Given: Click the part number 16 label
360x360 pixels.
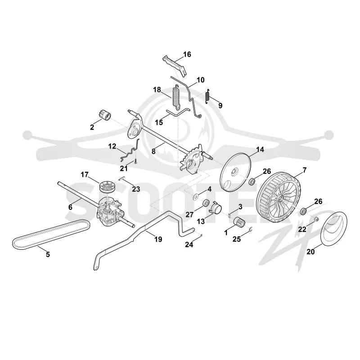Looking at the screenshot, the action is click(x=187, y=54).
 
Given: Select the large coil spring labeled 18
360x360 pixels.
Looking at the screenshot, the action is click(x=176, y=97).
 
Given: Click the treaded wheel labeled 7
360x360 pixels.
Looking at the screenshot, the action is click(x=279, y=199).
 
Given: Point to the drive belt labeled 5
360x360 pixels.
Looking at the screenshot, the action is click(x=51, y=234).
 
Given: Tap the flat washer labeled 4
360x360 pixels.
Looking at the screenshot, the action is click(x=196, y=197).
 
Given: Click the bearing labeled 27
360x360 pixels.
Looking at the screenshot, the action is click(x=206, y=203).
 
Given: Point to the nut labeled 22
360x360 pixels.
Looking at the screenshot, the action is click(x=316, y=219).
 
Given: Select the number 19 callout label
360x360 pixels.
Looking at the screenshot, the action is click(x=158, y=239).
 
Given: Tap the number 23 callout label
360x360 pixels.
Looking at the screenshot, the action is click(x=136, y=189).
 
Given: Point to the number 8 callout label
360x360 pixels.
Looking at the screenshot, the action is click(x=153, y=151).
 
